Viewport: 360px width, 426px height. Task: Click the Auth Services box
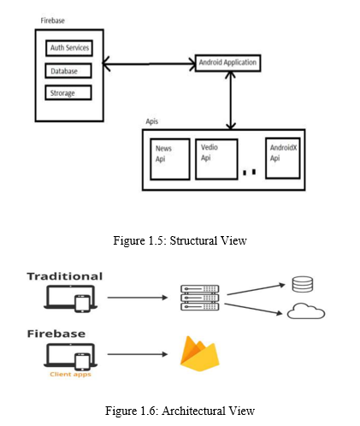[x=69, y=48]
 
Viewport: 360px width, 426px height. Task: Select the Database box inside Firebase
[x=68, y=71]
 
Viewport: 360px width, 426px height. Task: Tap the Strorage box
[x=68, y=92]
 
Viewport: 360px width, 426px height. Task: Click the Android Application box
[x=227, y=62]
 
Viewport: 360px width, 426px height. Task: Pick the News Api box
[x=170, y=159]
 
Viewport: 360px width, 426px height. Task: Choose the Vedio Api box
[x=216, y=159]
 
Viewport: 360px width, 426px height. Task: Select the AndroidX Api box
[x=283, y=158]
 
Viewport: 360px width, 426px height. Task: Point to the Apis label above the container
[x=151, y=121]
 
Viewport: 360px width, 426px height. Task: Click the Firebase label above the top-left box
[x=52, y=21]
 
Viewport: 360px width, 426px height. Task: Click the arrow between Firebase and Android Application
[x=149, y=63]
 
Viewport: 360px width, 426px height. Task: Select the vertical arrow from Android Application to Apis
[x=231, y=100]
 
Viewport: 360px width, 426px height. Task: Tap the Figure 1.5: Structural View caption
[x=180, y=240]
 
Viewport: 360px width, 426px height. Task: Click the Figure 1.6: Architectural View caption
[x=180, y=411]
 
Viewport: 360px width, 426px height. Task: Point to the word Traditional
[x=65, y=276]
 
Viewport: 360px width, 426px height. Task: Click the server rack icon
[x=200, y=298]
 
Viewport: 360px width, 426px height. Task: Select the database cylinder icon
[x=303, y=284]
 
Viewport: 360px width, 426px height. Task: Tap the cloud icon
[x=306, y=311]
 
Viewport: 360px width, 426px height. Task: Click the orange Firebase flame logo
[x=200, y=354]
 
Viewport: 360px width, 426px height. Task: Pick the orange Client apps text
[x=70, y=375]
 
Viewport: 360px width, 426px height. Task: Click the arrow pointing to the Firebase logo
[x=138, y=354]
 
